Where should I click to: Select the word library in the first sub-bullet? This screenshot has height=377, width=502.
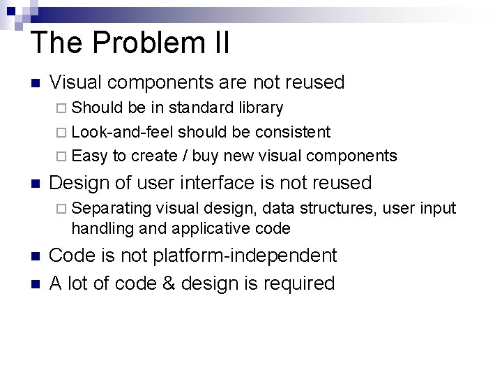click(x=261, y=108)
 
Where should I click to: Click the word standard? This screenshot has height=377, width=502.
click(x=201, y=108)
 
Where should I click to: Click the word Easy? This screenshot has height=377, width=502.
click(x=89, y=156)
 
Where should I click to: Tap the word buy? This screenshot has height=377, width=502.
click(x=205, y=156)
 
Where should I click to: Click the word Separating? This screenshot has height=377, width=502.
click(x=112, y=208)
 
